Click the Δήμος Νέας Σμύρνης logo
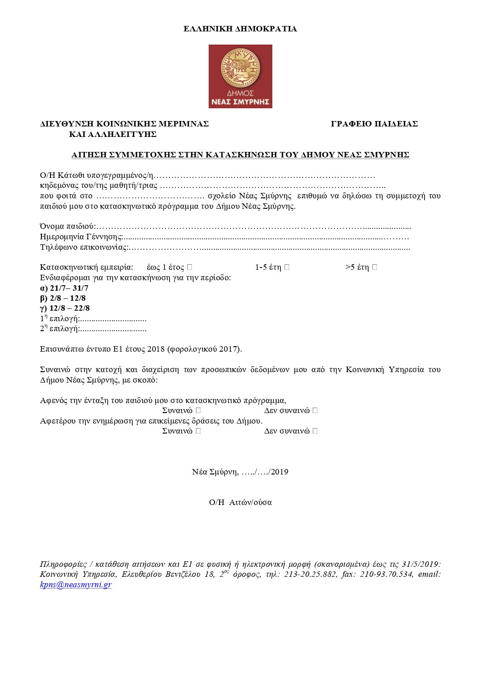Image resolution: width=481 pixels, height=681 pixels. click(x=240, y=76)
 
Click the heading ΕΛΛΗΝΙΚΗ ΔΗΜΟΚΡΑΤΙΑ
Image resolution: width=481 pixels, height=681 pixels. click(x=240, y=29)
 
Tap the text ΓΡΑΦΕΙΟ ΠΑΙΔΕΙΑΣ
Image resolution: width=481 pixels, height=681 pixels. click(x=374, y=124)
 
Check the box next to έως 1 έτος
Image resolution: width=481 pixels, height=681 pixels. click(x=190, y=267)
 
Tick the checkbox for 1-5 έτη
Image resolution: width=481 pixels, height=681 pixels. click(x=287, y=267)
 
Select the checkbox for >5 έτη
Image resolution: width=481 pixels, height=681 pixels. click(x=375, y=267)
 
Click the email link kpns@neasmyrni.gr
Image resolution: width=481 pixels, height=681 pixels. click(x=76, y=585)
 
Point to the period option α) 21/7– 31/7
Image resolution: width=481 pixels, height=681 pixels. click(x=64, y=288)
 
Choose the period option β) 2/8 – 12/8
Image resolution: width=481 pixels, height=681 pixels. click(x=63, y=298)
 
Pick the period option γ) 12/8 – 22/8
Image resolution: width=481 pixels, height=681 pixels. click(x=65, y=308)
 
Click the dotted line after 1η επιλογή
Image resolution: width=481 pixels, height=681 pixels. click(x=113, y=319)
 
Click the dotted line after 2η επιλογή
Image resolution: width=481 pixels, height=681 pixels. click(x=113, y=329)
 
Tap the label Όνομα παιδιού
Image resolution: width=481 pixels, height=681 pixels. click(x=67, y=227)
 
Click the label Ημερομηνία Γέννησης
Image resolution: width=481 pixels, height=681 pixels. click(x=81, y=237)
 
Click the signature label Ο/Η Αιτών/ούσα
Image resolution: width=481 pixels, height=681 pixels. click(x=240, y=503)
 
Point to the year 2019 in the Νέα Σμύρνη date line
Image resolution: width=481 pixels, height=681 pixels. click(x=279, y=472)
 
